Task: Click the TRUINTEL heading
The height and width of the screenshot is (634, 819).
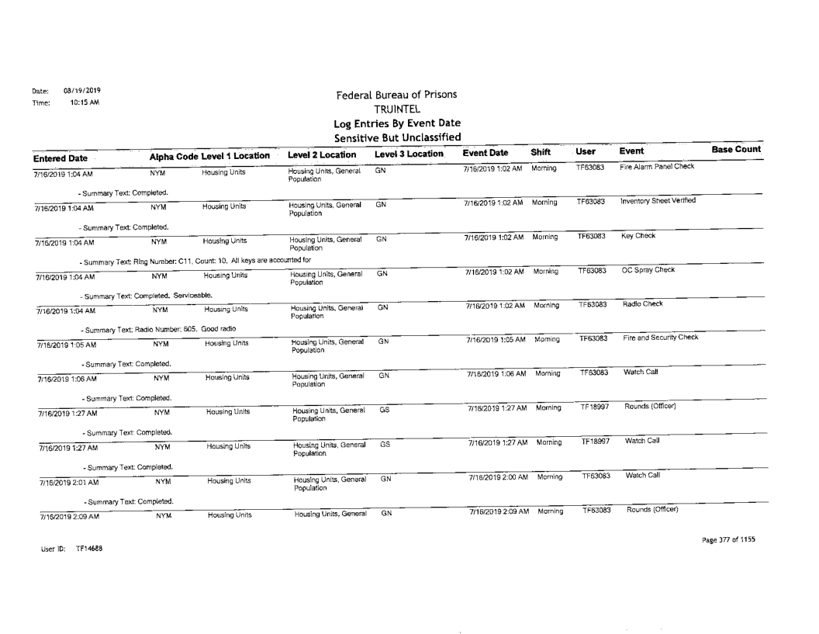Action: [x=396, y=109]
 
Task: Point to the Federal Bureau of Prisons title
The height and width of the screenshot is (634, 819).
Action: [x=396, y=95]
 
